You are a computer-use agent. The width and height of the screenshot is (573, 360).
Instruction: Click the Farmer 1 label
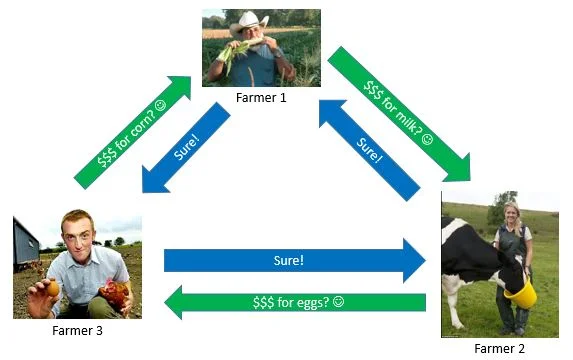pyautogui.click(x=261, y=98)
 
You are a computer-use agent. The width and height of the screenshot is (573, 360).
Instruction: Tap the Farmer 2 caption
pyautogui.click(x=499, y=348)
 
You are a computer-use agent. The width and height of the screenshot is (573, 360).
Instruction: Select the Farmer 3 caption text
pyautogui.click(x=77, y=330)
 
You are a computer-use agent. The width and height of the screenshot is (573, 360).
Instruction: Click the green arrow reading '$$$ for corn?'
pyautogui.click(x=132, y=133)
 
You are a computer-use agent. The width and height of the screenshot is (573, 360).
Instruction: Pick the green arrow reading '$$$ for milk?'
pyautogui.click(x=399, y=114)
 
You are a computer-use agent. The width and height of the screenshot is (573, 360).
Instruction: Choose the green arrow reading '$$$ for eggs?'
pyautogui.click(x=295, y=303)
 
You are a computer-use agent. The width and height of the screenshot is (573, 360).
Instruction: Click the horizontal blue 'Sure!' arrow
pyautogui.click(x=295, y=261)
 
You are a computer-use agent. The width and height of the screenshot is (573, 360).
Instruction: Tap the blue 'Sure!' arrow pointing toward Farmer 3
pyautogui.click(x=186, y=148)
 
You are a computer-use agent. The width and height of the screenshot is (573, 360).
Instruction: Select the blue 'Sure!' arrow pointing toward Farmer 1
pyautogui.click(x=369, y=150)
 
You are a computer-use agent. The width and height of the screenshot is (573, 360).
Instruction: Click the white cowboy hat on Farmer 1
pyautogui.click(x=249, y=22)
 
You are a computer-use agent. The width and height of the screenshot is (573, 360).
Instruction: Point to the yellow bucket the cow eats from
pyautogui.click(x=521, y=292)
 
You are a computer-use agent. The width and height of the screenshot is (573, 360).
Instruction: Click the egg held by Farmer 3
pyautogui.click(x=53, y=288)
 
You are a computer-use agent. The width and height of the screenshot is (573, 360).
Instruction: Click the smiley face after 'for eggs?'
pyautogui.click(x=339, y=302)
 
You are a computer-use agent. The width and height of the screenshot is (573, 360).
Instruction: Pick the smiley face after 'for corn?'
pyautogui.click(x=160, y=105)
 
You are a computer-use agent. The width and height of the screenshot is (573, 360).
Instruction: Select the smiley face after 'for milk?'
pyautogui.click(x=427, y=139)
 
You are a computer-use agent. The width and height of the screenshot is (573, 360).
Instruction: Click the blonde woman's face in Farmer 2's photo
pyautogui.click(x=511, y=214)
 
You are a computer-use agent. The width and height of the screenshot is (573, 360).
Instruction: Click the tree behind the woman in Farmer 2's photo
pyautogui.click(x=501, y=208)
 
